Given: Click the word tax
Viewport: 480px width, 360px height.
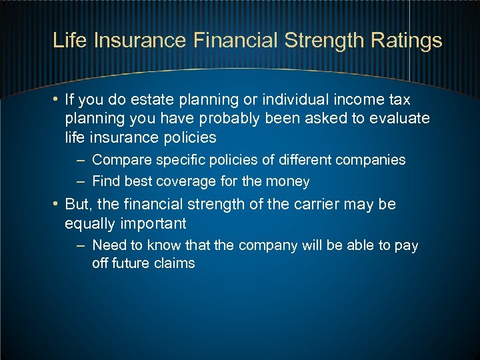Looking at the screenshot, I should (x=398, y=99).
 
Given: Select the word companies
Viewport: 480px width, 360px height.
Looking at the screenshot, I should (x=373, y=160).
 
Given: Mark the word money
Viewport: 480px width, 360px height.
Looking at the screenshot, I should (x=288, y=181).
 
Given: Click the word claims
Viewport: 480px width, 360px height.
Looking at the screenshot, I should (x=175, y=263).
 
